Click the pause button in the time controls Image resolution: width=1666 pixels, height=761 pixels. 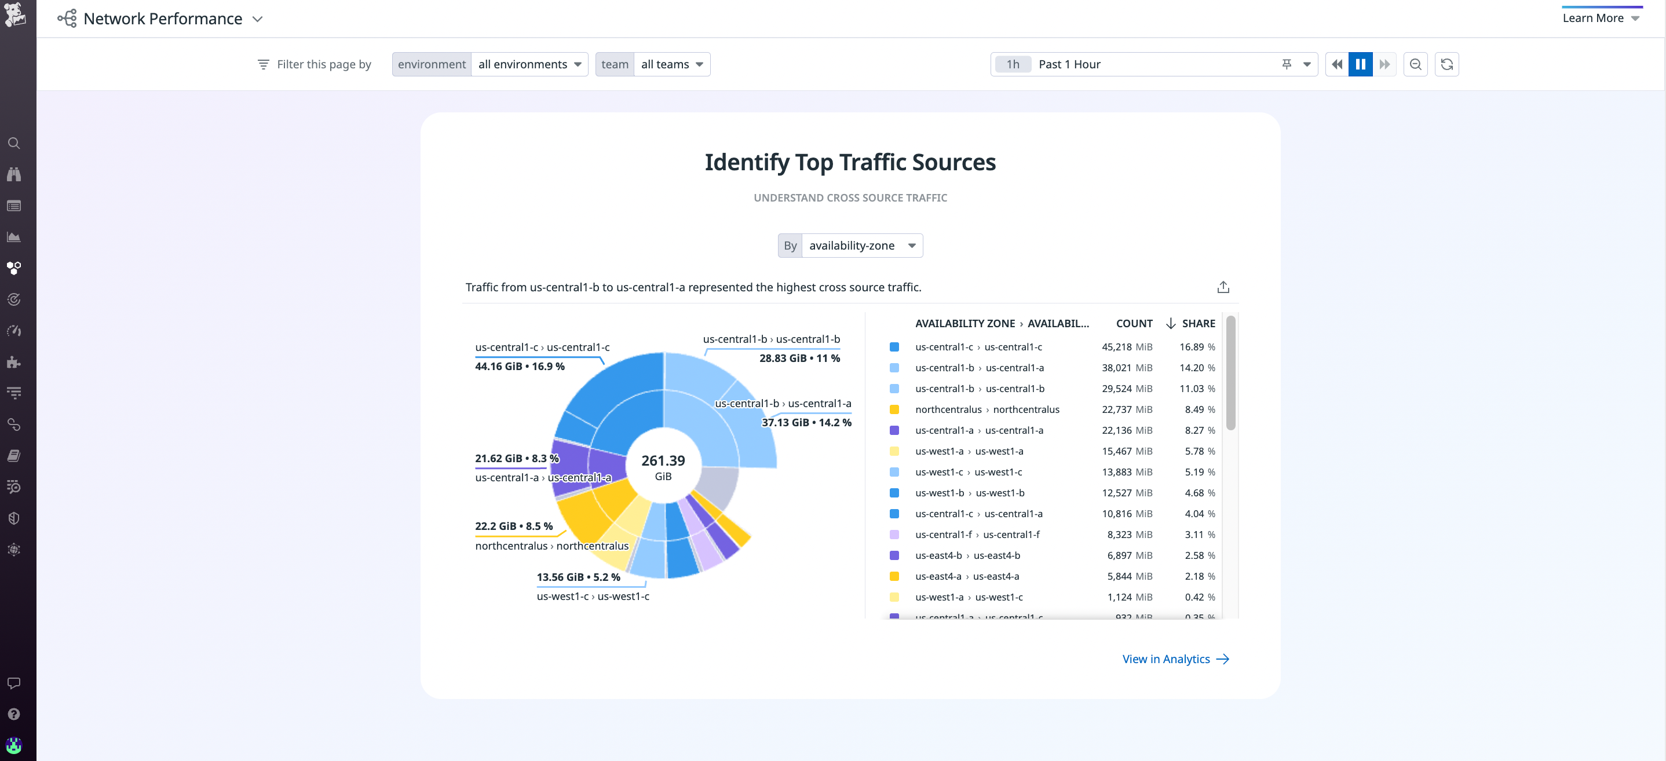(1360, 64)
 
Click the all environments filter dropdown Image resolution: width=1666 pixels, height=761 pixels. (529, 64)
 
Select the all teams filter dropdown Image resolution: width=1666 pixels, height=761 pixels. (671, 64)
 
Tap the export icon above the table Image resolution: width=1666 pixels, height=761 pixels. (1222, 287)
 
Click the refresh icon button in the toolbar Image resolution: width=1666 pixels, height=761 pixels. (1447, 64)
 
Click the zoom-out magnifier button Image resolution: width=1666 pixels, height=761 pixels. (1415, 64)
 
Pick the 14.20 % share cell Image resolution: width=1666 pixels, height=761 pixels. (1196, 368)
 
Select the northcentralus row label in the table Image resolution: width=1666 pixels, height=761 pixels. (987, 409)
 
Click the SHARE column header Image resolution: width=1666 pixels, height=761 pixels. (1198, 323)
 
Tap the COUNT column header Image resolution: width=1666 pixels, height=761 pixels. (1134, 323)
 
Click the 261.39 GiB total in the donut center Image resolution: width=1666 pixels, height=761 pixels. (663, 466)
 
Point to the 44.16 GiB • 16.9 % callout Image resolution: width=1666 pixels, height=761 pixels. (520, 366)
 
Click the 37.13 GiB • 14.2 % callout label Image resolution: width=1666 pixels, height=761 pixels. (806, 422)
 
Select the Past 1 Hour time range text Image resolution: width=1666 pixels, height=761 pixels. (1069, 64)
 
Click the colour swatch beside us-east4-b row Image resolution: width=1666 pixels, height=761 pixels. (894, 555)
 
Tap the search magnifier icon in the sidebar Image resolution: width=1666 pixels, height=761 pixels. (13, 143)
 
